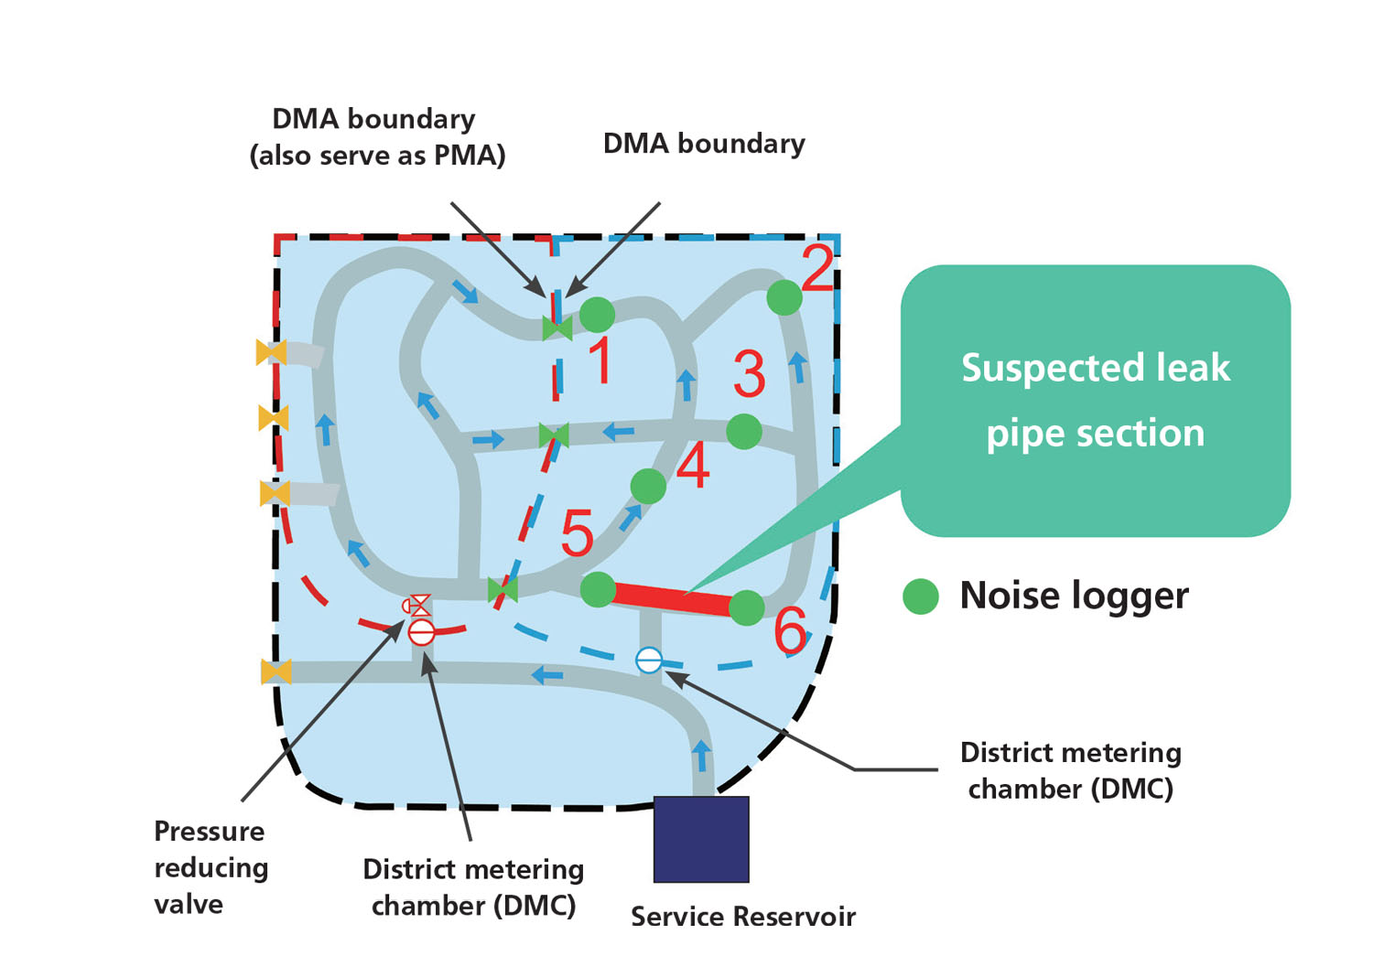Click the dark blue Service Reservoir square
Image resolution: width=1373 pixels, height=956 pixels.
(701, 839)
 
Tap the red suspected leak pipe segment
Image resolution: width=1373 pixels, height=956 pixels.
(673, 598)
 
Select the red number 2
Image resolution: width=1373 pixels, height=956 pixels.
(817, 268)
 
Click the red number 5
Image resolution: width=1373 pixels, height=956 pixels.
(577, 533)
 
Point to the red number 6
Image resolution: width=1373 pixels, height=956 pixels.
(791, 630)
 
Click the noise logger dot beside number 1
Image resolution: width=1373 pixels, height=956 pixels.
(597, 315)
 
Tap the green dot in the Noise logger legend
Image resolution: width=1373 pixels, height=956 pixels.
(921, 596)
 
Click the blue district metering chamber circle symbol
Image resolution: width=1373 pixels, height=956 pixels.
(649, 660)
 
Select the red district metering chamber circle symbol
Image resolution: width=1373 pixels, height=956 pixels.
(421, 631)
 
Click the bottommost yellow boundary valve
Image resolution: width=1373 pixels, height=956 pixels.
(276, 671)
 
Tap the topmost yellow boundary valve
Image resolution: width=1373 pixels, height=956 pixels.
(272, 352)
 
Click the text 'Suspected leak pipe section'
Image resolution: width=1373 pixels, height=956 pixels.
(1095, 400)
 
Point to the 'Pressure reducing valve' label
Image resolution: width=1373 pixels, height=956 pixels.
(211, 867)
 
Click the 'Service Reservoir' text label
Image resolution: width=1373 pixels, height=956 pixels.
(742, 917)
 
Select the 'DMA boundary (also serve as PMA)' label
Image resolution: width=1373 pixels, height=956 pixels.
(376, 137)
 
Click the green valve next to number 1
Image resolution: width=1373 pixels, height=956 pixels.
(557, 328)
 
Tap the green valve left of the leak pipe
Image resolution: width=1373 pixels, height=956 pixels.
(503, 590)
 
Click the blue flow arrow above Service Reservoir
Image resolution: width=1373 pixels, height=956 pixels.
(701, 756)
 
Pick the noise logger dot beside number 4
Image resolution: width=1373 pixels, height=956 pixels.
(648, 486)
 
